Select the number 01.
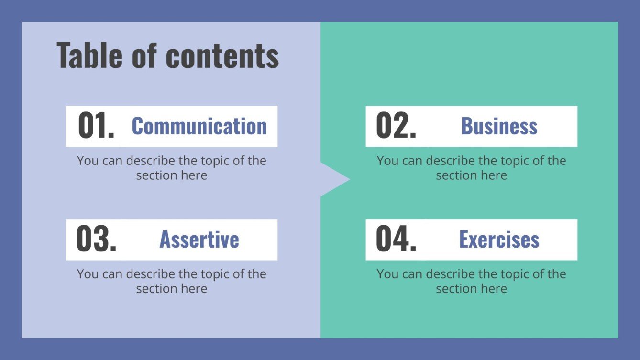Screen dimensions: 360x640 [96, 126]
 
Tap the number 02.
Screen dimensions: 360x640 [396, 126]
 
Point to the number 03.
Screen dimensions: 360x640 [96, 240]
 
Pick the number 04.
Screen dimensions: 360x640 [396, 240]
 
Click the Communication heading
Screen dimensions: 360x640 [199, 126]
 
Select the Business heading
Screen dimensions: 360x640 [499, 126]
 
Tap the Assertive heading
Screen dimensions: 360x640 [199, 240]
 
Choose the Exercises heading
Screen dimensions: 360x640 [499, 240]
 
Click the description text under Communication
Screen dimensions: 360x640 [171, 168]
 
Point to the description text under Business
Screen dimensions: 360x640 [471, 168]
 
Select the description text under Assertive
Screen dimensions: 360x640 [171, 281]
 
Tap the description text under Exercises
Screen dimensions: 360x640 [471, 281]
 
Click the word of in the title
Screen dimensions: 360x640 [144, 56]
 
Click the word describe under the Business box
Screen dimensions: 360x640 [450, 161]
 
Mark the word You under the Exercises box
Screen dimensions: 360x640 [387, 274]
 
